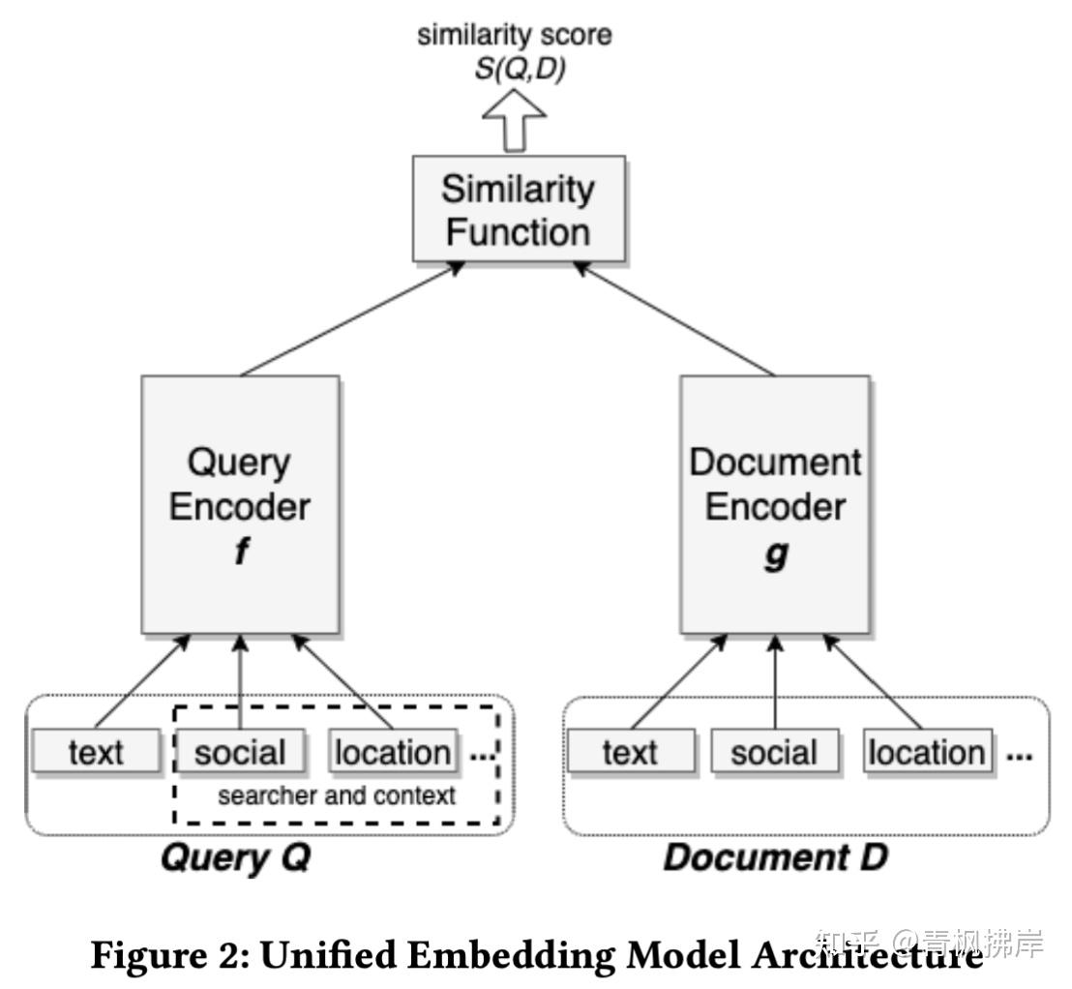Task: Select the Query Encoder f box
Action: [x=240, y=504]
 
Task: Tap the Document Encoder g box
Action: [x=774, y=504]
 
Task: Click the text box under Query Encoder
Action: [x=96, y=752]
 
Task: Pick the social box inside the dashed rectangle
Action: [x=240, y=752]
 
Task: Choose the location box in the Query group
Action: [x=392, y=752]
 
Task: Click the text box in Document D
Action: [x=630, y=752]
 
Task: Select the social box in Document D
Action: [x=774, y=752]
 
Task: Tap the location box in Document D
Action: [x=926, y=752]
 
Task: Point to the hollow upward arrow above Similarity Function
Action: [x=515, y=121]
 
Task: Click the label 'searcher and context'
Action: [x=336, y=796]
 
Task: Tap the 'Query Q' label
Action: [x=235, y=857]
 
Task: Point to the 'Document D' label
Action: [x=774, y=857]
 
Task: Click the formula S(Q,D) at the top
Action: [x=519, y=71]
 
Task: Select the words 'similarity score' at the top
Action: [x=515, y=36]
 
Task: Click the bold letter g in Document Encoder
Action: [x=775, y=554]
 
